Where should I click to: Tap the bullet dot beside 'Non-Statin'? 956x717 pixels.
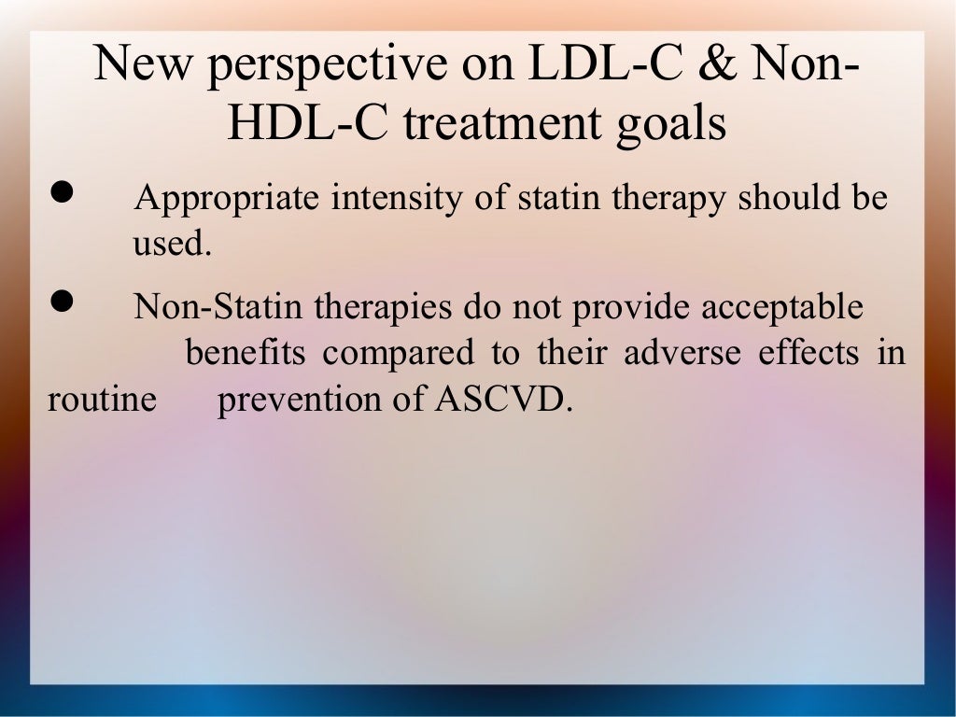(62, 301)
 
